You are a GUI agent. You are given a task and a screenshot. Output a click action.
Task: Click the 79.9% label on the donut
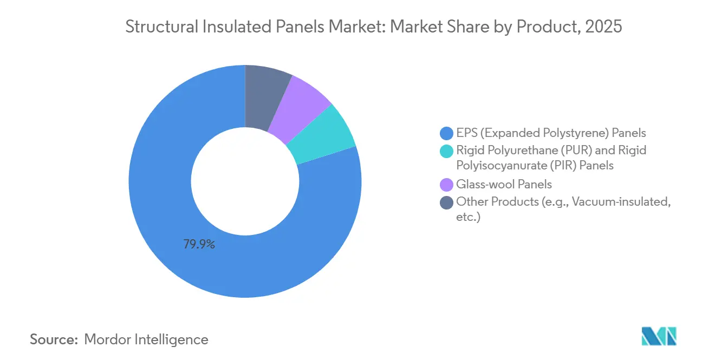point(199,245)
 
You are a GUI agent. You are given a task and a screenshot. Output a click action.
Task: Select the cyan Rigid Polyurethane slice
point(323,135)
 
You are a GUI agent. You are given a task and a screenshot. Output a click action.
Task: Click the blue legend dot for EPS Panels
point(446,133)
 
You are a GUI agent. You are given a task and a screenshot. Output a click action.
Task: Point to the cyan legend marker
point(446,150)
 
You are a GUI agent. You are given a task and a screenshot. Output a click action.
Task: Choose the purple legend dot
point(446,185)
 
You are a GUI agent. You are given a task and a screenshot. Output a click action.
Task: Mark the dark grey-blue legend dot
point(446,202)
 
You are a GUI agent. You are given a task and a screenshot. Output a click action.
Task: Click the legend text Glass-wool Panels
point(504,185)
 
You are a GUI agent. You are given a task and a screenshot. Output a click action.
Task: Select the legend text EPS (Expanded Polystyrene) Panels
point(551,133)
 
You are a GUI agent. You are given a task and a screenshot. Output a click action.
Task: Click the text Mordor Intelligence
point(146,339)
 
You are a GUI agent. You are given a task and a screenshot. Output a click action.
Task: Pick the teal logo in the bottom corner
point(659,336)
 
